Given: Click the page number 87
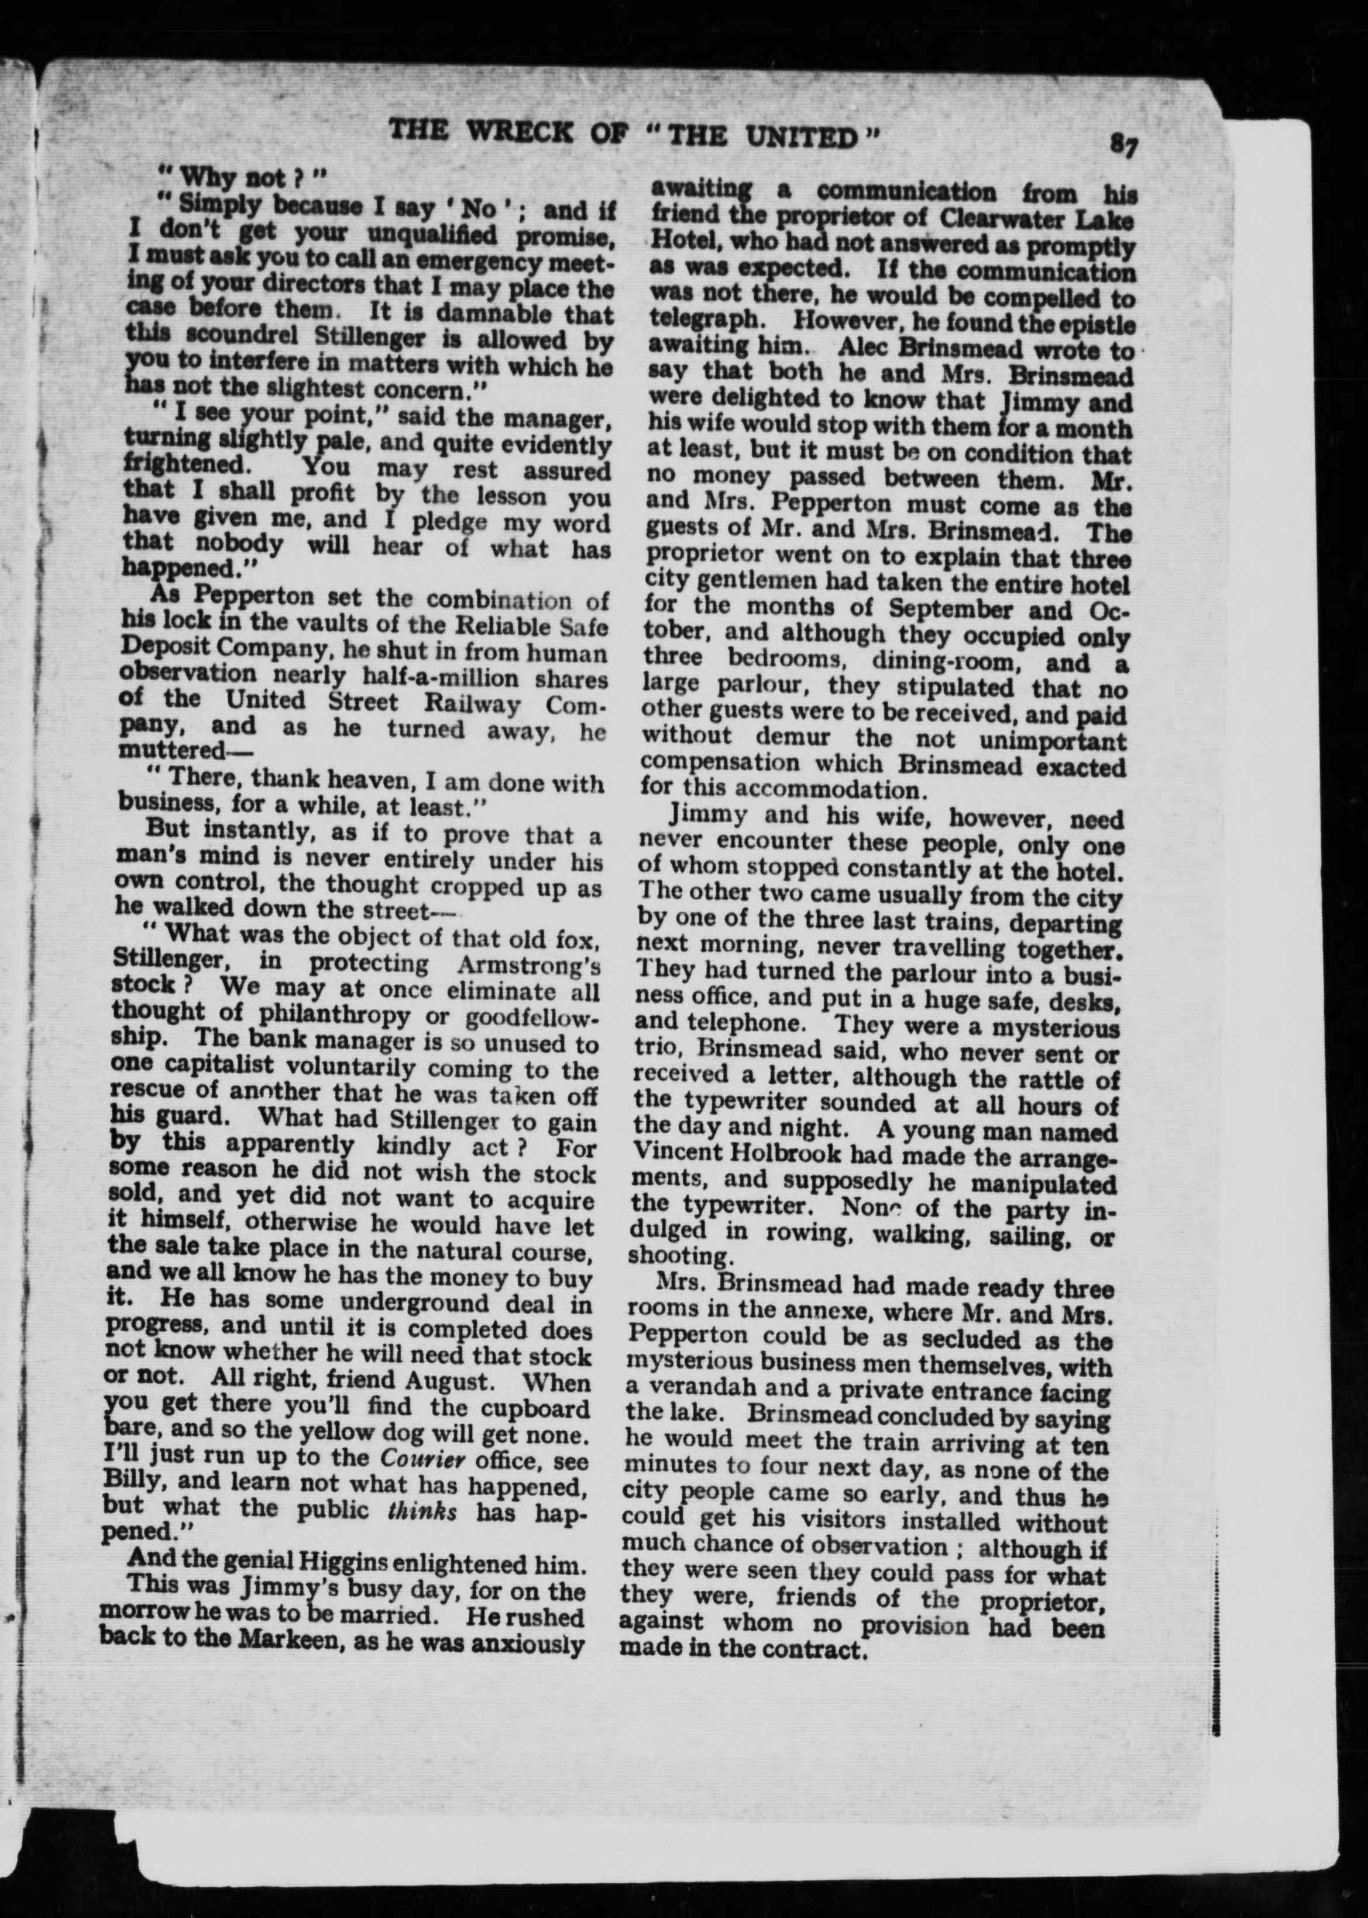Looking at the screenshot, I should tap(1123, 145).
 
